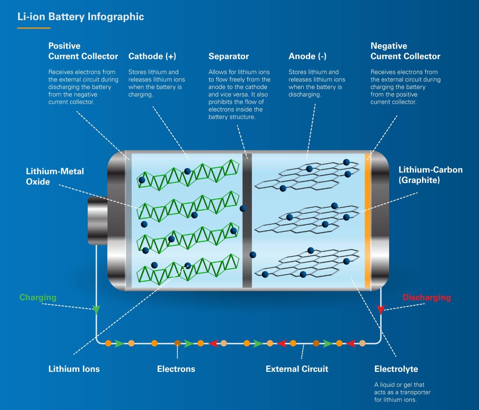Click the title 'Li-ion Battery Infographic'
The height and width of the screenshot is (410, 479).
(x=80, y=16)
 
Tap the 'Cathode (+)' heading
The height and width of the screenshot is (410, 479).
(x=152, y=56)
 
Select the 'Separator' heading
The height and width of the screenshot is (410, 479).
(x=228, y=56)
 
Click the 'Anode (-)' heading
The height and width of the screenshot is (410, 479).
(x=307, y=56)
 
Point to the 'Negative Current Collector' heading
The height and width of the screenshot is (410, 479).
(x=405, y=51)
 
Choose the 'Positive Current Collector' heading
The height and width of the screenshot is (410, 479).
(x=83, y=51)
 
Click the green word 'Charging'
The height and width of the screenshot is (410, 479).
(x=38, y=297)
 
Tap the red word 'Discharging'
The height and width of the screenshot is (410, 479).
(x=426, y=297)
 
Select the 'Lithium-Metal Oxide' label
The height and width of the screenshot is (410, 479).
(x=55, y=176)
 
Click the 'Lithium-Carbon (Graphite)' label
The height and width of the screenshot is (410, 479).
(x=430, y=175)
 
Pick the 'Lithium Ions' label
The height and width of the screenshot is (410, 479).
(x=74, y=369)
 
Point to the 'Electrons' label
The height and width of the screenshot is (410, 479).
(x=176, y=369)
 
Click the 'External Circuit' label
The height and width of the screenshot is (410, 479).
(x=297, y=369)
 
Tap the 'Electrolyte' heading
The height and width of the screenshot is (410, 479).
(x=396, y=369)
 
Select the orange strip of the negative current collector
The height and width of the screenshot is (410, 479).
(x=367, y=221)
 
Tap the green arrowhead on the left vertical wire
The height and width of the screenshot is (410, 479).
(x=97, y=310)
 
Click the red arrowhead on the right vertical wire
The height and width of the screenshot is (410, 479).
(x=381, y=310)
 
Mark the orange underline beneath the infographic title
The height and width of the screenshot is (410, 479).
(x=34, y=28)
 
